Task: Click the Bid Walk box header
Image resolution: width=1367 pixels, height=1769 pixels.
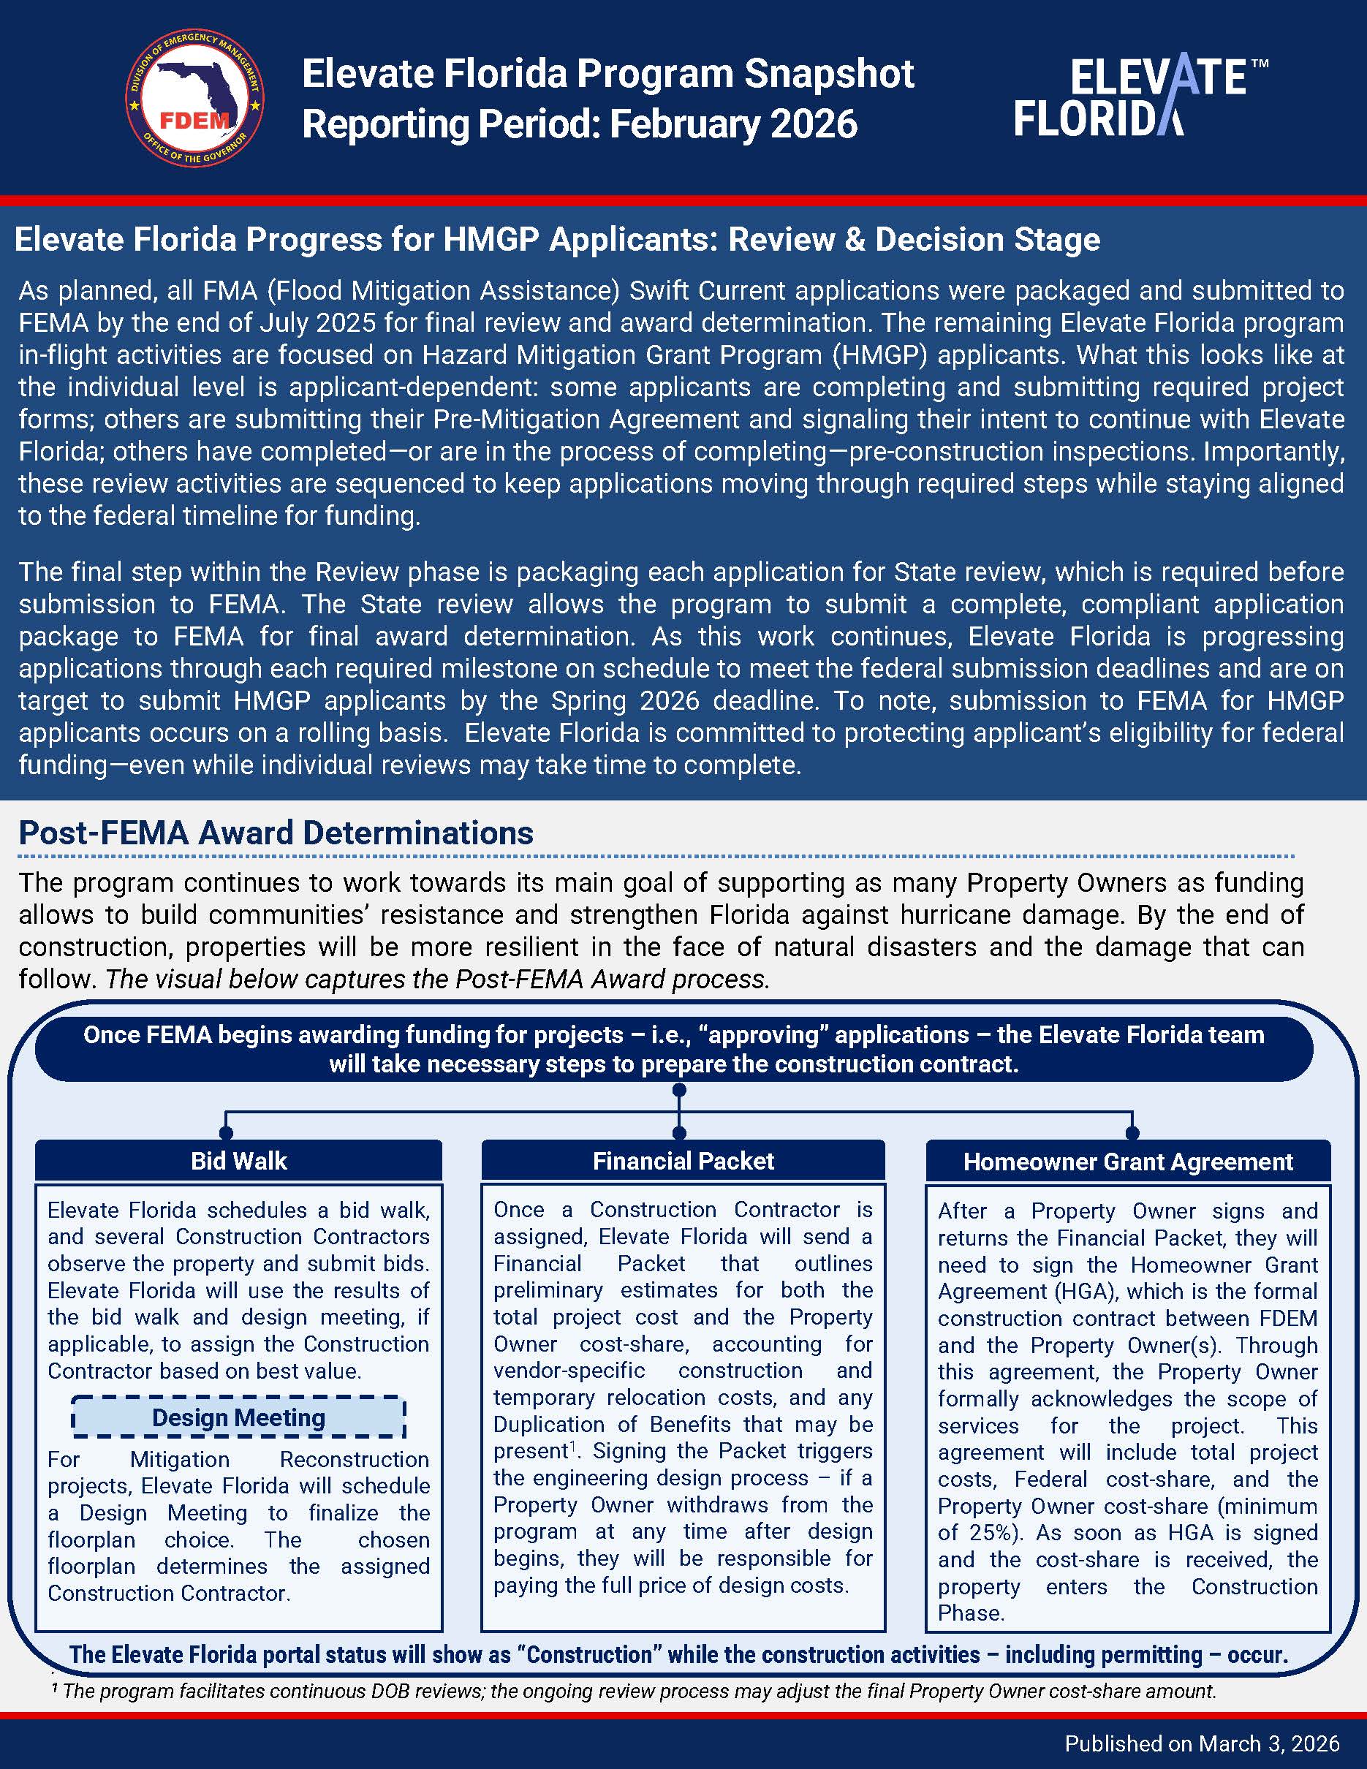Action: (238, 1161)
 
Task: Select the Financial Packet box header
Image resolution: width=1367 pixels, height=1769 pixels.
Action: (683, 1161)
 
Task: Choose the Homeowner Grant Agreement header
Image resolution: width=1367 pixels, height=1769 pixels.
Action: (1127, 1162)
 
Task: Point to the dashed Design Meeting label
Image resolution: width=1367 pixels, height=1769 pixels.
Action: (238, 1417)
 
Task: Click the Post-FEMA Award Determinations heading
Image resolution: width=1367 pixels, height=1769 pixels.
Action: (276, 833)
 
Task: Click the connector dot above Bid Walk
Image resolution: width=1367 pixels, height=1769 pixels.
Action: (226, 1132)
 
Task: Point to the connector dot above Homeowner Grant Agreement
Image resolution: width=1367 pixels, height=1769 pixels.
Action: (1132, 1132)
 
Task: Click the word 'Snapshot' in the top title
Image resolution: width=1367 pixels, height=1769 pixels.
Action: (828, 74)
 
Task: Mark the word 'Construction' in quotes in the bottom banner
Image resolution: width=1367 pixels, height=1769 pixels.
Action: (588, 1654)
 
